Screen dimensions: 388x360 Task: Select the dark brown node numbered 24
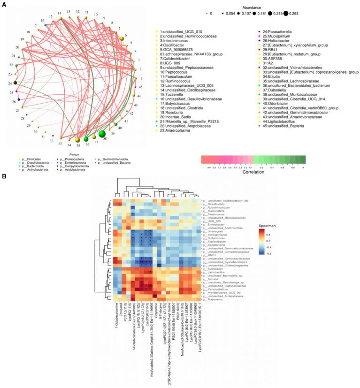(x=15, y=83)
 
